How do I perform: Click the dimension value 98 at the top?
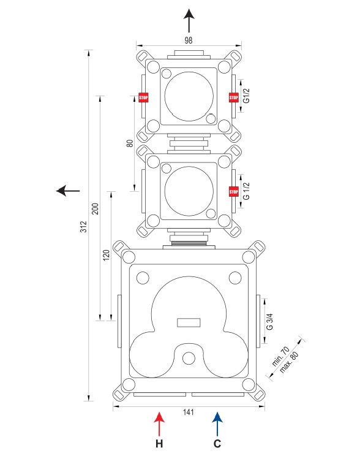click(x=189, y=40)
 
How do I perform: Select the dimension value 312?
click(x=84, y=227)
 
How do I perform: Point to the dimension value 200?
click(x=96, y=209)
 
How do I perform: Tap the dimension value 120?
click(x=107, y=255)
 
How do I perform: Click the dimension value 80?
click(x=130, y=143)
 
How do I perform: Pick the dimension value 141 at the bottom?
click(x=189, y=412)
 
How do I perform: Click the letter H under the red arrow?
click(x=159, y=444)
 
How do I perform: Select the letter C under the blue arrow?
click(x=217, y=444)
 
